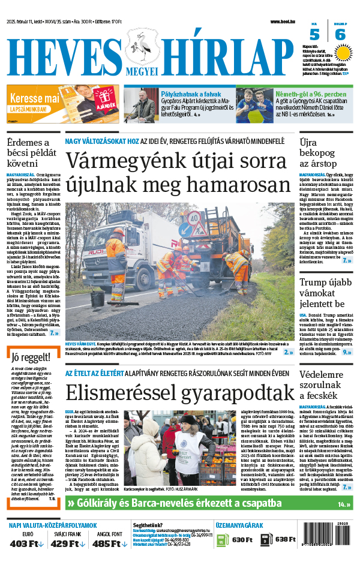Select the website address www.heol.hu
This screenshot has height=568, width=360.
[281, 22]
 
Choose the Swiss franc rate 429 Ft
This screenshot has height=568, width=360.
[68, 543]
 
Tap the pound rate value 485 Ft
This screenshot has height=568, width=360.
[108, 543]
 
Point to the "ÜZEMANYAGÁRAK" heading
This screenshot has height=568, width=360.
[238, 525]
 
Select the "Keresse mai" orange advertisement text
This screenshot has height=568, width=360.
[34, 97]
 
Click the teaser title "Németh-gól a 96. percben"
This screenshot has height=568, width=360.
[311, 94]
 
